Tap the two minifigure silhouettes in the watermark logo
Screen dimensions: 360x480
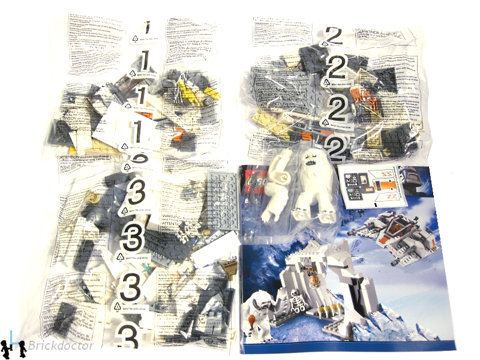coord(13,347)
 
